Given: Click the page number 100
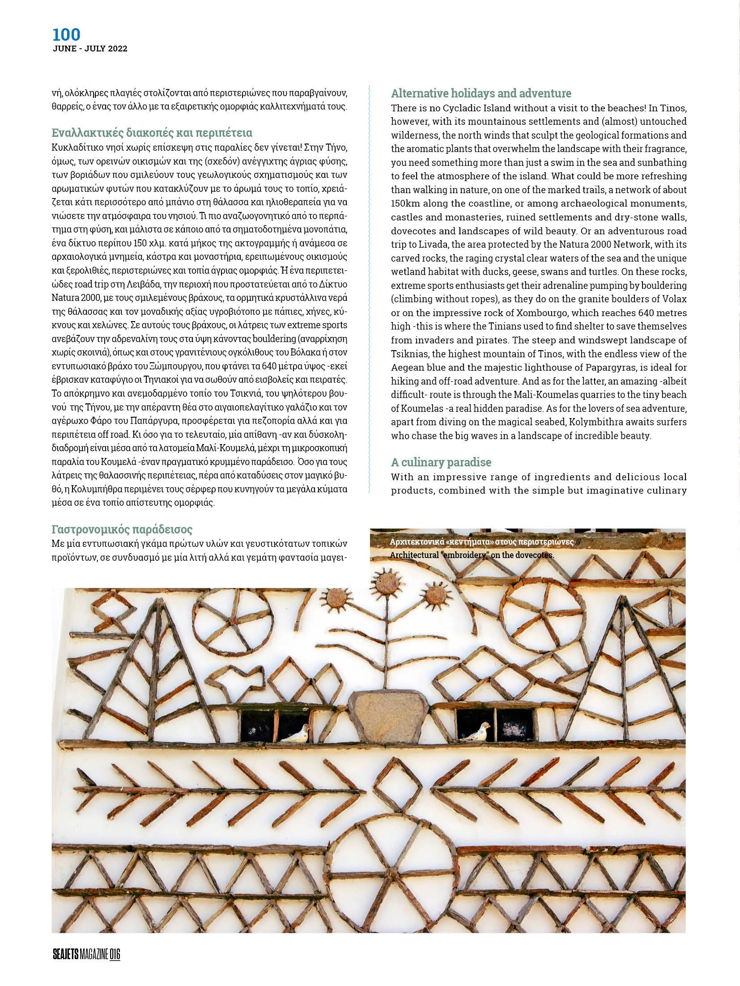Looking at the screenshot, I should (66, 34).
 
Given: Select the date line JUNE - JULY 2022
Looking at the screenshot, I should (90, 49).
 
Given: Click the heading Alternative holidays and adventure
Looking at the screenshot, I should (481, 93).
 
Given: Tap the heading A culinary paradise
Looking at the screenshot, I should (441, 462).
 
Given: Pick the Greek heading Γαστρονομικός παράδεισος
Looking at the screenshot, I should (122, 530).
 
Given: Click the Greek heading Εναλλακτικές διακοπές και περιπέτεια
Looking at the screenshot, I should (152, 133).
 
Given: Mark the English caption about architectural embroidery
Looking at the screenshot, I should (472, 555).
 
